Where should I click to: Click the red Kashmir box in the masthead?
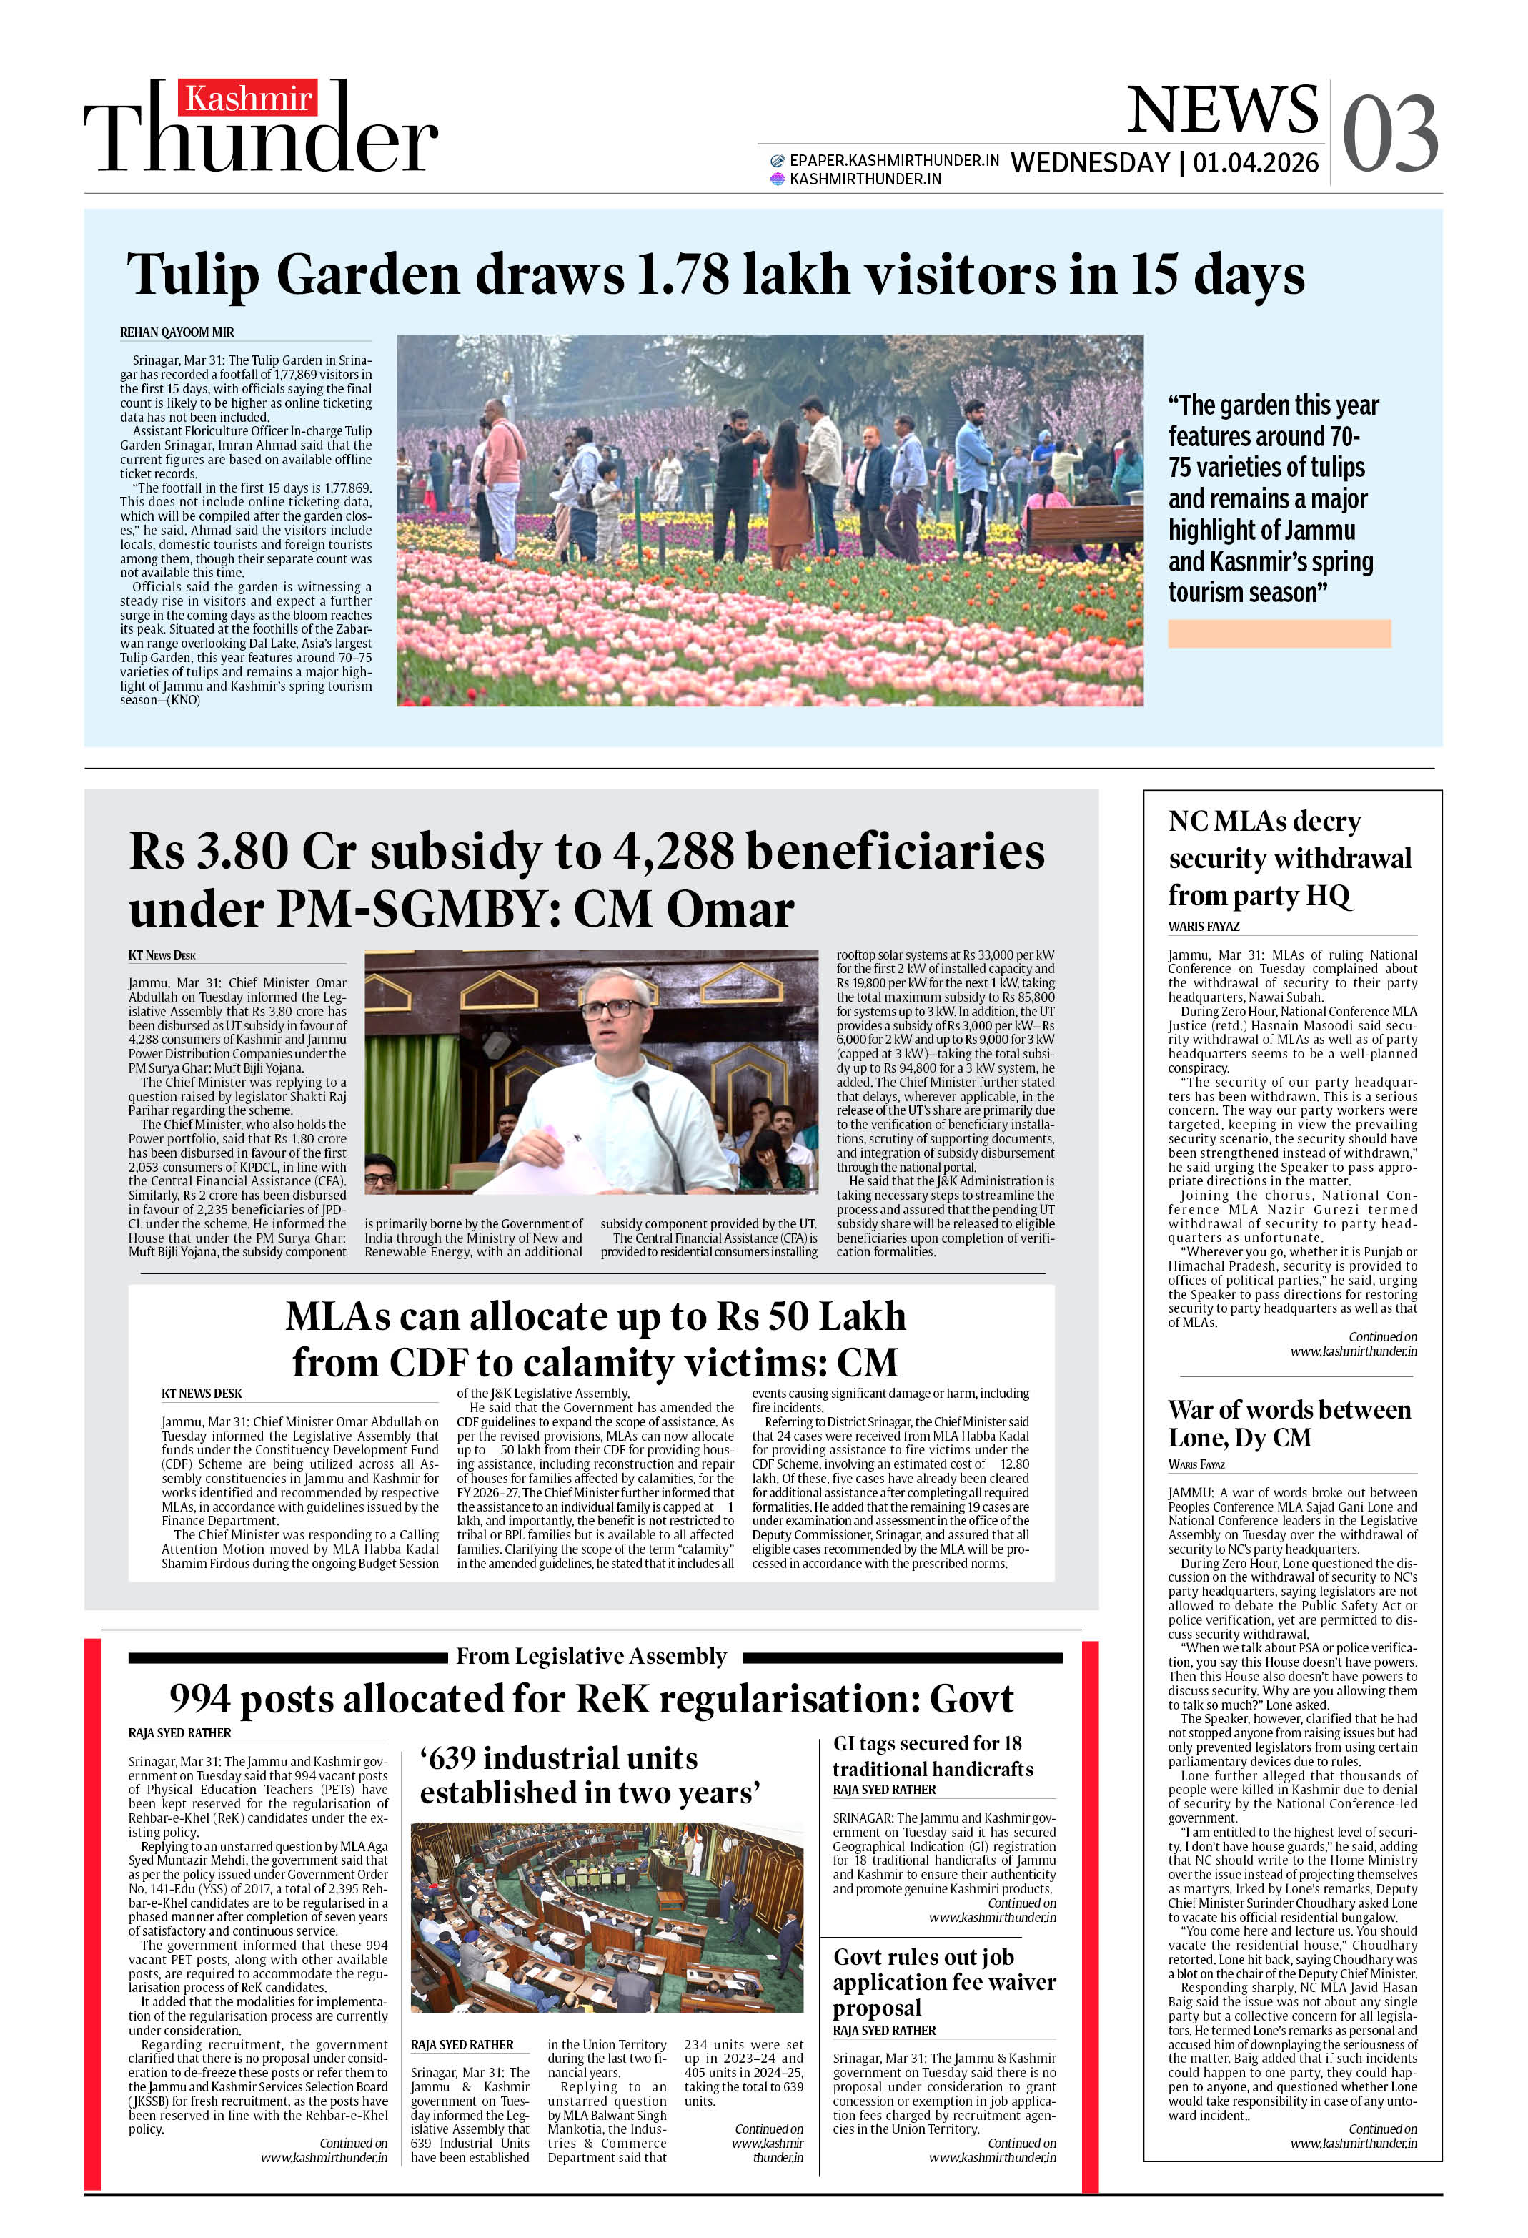247,98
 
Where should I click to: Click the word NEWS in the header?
1222,110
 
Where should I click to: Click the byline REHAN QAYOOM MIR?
177,332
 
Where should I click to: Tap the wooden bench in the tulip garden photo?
1084,525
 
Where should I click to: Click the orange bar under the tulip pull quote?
1278,633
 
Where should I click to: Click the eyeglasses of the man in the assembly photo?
611,1009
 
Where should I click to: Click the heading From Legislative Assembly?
590,1657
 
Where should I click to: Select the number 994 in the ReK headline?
199,1700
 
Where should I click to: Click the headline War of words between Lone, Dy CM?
1289,1424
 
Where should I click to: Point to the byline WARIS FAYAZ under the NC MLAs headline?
1204,927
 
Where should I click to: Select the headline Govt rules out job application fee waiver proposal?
943,1982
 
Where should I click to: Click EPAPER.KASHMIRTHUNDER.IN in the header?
893,161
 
